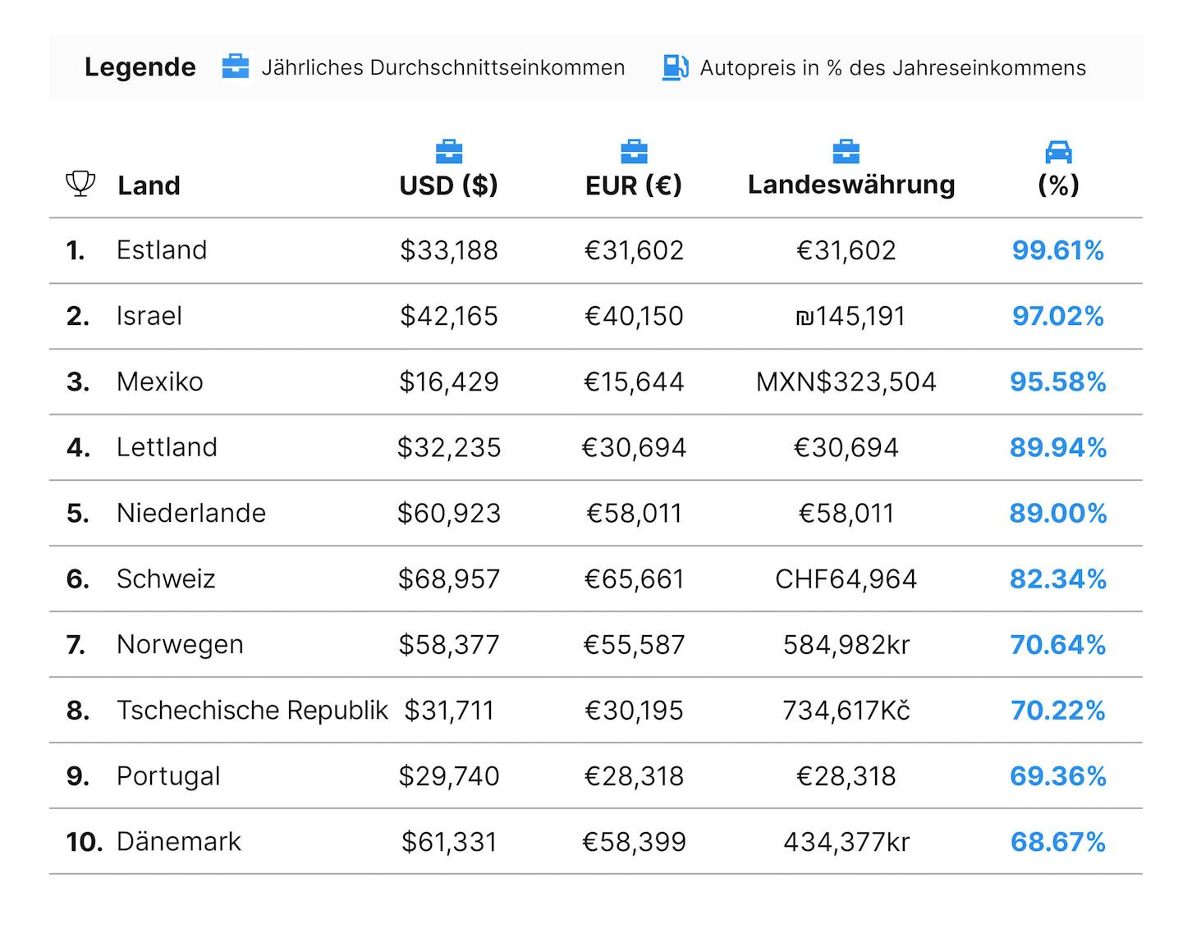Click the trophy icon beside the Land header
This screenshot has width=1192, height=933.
(80, 184)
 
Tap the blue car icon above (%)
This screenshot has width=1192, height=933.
(1057, 152)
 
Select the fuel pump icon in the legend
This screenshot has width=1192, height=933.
(676, 67)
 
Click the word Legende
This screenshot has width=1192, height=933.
(140, 67)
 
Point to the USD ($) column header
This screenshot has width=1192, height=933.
(448, 185)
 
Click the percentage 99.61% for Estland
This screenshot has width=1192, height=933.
(1057, 250)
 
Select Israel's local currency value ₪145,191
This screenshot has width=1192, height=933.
(850, 316)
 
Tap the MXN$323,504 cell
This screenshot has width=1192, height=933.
(846, 382)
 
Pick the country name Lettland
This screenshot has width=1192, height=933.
(167, 446)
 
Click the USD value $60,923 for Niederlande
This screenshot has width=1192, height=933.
(449, 513)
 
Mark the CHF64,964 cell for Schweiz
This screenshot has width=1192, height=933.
(846, 579)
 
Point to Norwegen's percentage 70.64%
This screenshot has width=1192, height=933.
(1057, 645)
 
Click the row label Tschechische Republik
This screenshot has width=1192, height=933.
(252, 710)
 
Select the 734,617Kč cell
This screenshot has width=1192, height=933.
(846, 710)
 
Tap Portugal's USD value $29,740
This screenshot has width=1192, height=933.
(449, 775)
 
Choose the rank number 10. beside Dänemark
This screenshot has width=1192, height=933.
(84, 841)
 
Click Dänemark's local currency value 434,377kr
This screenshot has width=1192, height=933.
(846, 841)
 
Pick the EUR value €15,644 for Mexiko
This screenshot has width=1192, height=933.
(634, 382)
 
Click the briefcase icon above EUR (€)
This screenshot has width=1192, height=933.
(634, 151)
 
